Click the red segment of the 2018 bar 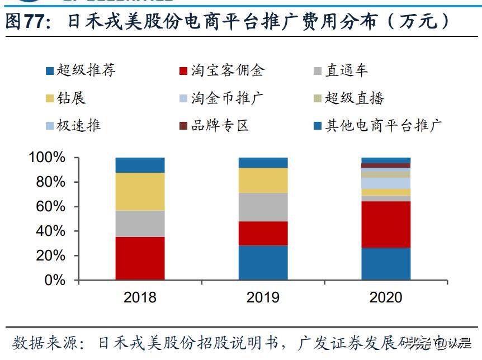(x=140, y=258)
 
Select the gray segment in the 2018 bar (x=140, y=224)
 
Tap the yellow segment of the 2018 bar (x=140, y=191)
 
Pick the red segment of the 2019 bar (x=263, y=233)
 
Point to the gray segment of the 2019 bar (x=263, y=207)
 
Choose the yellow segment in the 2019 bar (x=263, y=180)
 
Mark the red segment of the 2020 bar (x=385, y=224)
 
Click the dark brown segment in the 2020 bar (x=385, y=165)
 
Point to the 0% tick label (x=54, y=280)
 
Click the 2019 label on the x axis (x=263, y=297)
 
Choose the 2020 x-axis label (x=385, y=297)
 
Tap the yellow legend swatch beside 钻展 (x=50, y=98)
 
